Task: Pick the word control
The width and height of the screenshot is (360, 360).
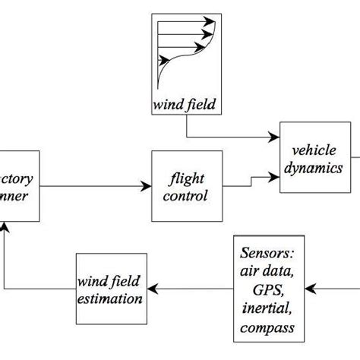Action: click(188, 195)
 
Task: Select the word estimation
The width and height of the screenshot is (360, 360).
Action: click(112, 297)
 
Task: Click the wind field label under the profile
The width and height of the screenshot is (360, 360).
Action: click(185, 103)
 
